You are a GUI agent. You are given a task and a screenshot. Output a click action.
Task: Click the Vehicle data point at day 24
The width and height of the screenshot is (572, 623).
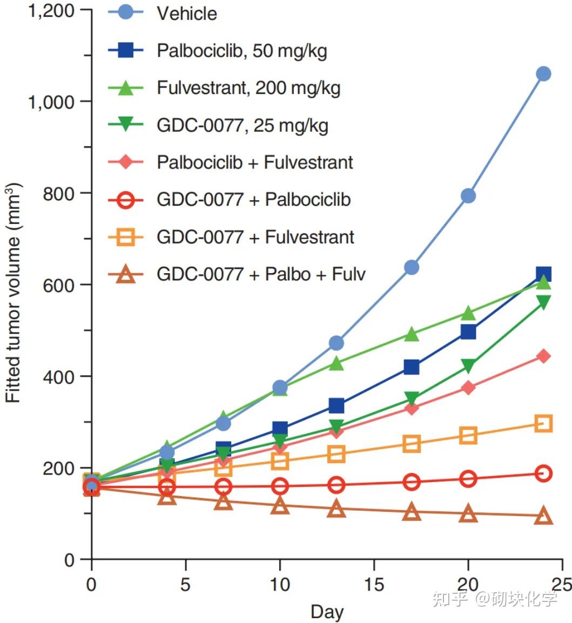tap(543, 74)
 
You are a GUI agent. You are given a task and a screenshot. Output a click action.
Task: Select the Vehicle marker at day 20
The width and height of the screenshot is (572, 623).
tap(468, 195)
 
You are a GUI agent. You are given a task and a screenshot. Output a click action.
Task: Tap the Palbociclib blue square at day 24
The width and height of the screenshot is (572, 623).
tap(543, 274)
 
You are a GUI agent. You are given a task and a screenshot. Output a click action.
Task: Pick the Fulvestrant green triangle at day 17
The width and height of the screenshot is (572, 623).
tap(412, 335)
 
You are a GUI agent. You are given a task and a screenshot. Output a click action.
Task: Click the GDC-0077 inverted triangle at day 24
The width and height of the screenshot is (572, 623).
tap(543, 302)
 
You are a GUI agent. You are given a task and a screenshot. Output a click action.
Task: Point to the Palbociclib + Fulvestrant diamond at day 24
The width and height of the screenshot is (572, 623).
tap(543, 356)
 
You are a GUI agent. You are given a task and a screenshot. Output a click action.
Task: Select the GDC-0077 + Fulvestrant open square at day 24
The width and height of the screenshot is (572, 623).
tap(543, 423)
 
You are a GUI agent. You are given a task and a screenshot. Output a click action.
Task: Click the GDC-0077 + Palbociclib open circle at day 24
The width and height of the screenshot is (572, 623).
tap(543, 473)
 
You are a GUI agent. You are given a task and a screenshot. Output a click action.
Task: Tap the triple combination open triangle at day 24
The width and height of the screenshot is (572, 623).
tap(543, 517)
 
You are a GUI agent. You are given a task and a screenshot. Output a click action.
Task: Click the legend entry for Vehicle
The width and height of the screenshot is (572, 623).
tap(186, 13)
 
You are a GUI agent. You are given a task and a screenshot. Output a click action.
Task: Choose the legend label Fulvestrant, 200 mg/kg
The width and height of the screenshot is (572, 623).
tap(248, 87)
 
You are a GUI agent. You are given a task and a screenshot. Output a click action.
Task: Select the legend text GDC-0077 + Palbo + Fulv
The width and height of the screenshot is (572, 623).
tap(261, 274)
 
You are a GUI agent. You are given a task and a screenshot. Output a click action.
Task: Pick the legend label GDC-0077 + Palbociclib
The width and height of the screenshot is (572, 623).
tap(254, 200)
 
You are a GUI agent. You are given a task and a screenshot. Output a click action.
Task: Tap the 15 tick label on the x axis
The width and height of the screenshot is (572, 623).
tap(374, 584)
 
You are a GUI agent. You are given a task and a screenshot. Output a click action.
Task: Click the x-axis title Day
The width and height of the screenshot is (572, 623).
tap(327, 612)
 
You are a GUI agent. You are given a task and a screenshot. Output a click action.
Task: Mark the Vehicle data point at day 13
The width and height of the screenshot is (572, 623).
tap(337, 343)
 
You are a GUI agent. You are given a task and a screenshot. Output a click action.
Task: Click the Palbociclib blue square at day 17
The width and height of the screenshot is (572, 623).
tap(412, 368)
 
